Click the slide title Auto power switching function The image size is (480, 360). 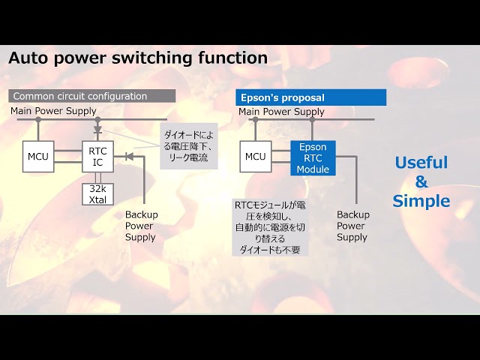[138, 58]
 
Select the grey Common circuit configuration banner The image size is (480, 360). [91, 96]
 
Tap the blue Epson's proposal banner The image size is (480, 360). [310, 97]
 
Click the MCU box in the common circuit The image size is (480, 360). [38, 157]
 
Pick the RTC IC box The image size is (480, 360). [97, 157]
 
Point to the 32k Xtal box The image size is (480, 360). [97, 194]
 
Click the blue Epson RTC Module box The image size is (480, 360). [313, 158]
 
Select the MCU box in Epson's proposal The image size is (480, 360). [256, 157]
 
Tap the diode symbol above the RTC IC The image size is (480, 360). [97, 130]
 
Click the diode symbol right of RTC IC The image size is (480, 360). [130, 157]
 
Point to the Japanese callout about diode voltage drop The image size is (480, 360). [189, 146]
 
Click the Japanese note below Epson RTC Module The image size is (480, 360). [270, 227]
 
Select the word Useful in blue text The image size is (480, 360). [421, 163]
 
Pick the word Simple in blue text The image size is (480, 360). [421, 202]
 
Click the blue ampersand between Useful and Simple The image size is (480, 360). [421, 181]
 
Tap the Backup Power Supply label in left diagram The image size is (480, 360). [142, 226]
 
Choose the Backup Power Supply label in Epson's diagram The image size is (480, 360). [353, 226]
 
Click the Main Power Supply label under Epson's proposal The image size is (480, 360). [281, 112]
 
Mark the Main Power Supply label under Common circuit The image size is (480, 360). [53, 111]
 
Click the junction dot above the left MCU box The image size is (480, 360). [38, 119]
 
